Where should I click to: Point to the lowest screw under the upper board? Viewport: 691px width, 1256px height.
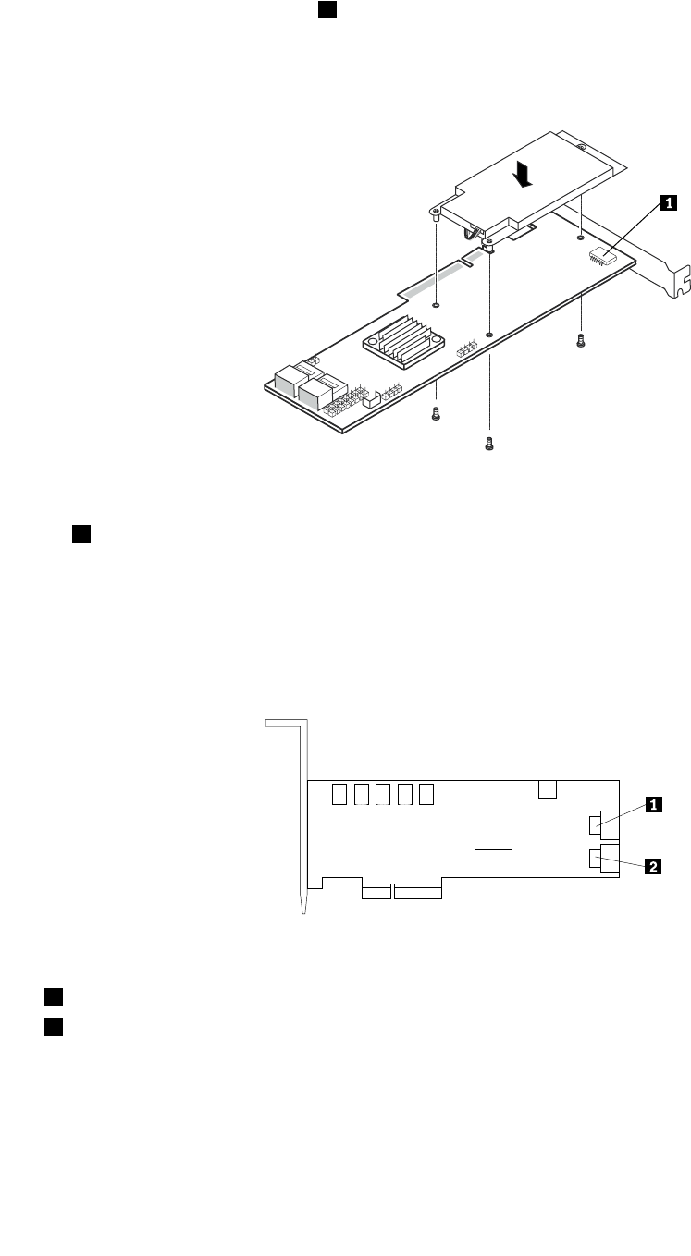point(490,444)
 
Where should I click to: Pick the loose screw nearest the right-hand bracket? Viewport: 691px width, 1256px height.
point(581,340)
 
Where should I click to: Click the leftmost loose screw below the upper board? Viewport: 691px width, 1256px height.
point(435,415)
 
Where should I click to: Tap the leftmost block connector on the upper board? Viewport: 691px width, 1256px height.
point(289,379)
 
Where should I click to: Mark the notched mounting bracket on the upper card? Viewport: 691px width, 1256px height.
point(671,268)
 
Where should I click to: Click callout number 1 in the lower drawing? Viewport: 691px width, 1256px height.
point(651,805)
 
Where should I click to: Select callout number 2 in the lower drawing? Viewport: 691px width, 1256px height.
point(651,866)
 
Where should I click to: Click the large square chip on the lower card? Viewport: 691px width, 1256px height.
point(493,829)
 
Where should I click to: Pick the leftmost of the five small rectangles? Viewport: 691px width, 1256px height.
point(338,794)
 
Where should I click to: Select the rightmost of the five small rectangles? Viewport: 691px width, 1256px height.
point(426,794)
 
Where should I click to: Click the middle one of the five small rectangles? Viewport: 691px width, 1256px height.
point(381,794)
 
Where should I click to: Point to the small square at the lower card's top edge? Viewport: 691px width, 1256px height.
point(548,787)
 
